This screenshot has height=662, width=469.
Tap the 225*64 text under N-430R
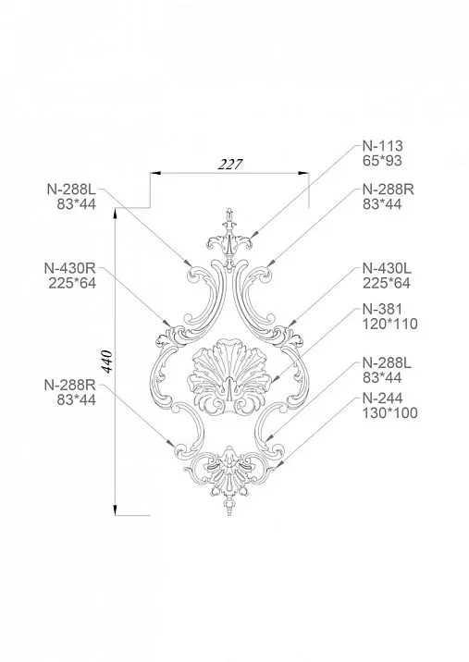click(x=70, y=283)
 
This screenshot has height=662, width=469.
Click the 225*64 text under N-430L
click(x=386, y=283)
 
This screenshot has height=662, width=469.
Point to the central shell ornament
click(x=228, y=374)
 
